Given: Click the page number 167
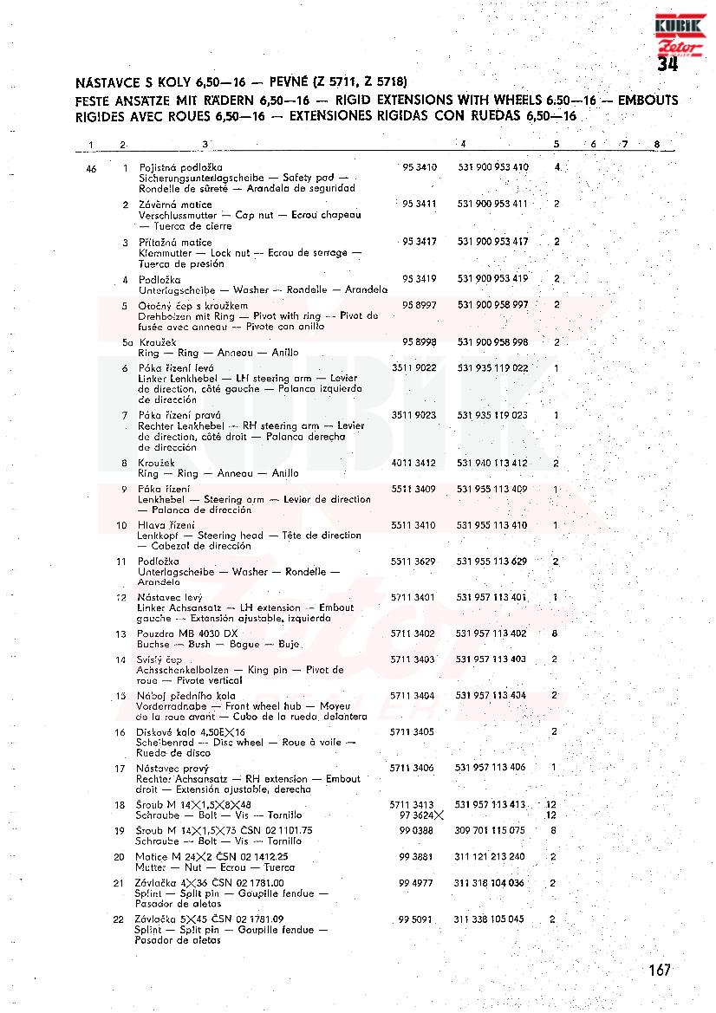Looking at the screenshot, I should coord(659,971).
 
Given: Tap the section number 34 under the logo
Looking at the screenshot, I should coord(667,65).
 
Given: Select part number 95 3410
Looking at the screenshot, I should coord(420,166).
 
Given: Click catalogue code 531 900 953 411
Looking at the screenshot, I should coord(492,204).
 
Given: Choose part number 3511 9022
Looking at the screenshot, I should coord(413,368).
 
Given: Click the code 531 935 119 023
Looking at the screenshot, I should coord(491,415).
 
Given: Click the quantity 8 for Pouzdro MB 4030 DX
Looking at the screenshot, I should coord(554,634).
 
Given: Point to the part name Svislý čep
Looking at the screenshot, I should coord(159,660).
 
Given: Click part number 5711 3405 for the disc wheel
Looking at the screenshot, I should coord(413,732).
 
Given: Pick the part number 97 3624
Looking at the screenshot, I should coord(420,815).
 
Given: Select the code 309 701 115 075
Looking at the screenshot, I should coord(489,830).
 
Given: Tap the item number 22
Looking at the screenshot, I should coord(120,919).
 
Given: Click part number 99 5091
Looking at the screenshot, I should coord(415,919).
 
